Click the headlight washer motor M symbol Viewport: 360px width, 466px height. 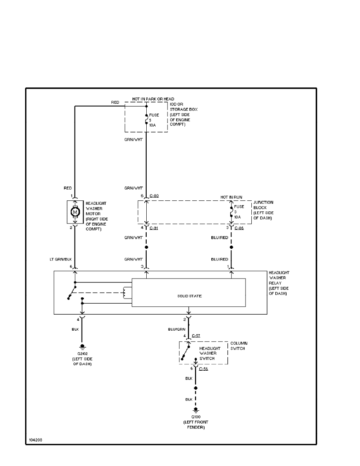point(75,212)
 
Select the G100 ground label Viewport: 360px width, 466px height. point(196,417)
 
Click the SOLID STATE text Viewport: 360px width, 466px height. point(189,296)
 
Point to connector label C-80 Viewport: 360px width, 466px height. point(154,195)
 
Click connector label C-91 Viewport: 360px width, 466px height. point(154,228)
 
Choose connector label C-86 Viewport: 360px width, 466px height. point(239,228)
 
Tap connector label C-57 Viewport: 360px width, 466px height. point(196,336)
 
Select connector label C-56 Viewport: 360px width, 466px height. point(204,369)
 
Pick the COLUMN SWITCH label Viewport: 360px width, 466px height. point(239,346)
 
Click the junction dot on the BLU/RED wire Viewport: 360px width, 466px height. point(231,247)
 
